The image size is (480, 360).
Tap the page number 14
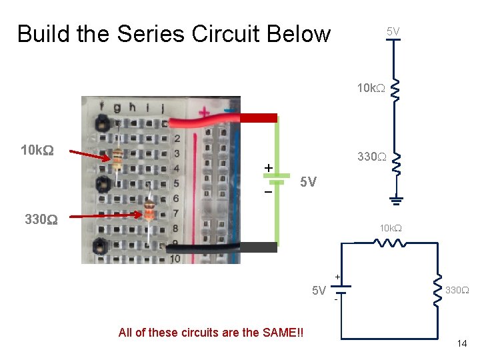(461, 343)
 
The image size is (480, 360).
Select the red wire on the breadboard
(220, 120)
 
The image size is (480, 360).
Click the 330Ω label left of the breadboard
(41, 219)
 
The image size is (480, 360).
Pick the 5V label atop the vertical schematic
(393, 31)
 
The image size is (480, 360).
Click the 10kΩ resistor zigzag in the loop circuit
(390, 243)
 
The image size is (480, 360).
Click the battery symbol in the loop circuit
(342, 290)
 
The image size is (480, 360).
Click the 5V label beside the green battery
(308, 181)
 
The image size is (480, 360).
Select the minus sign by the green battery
(268, 191)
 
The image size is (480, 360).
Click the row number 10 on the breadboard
(175, 259)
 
